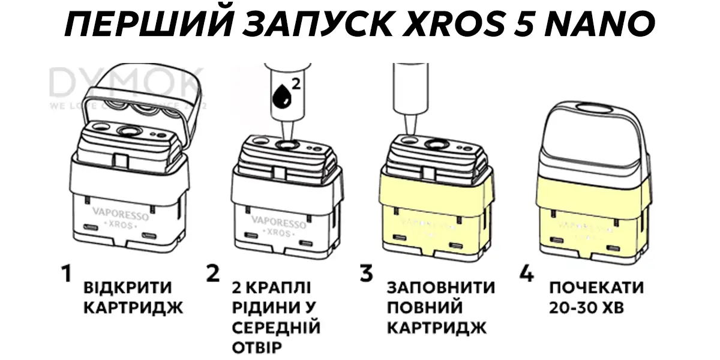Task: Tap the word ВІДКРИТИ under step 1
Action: pos(128,287)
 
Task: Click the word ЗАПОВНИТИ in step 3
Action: pos(441,287)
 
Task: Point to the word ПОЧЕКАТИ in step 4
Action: pos(596,287)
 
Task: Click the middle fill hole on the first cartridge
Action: pos(128,131)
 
